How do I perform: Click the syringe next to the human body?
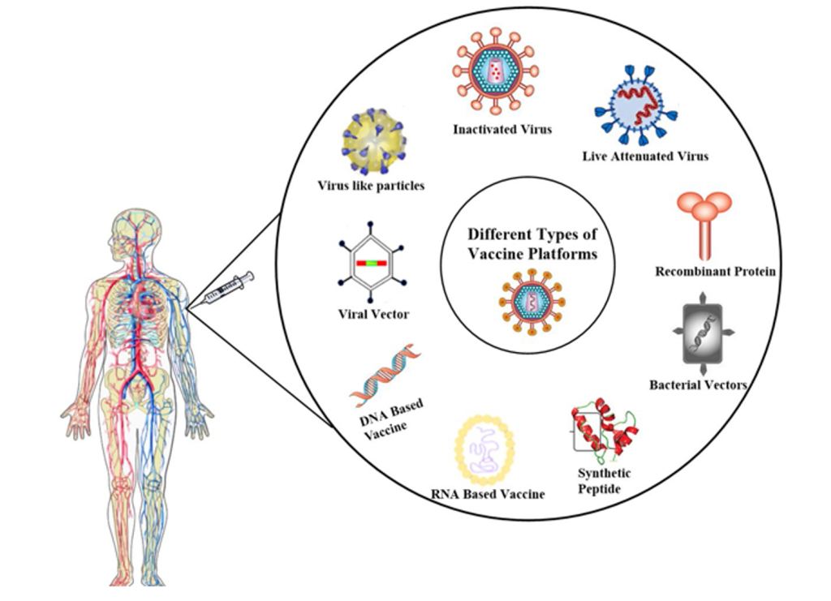pos(228,289)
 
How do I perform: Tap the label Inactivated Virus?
pos(502,129)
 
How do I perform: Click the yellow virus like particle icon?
pos(373,142)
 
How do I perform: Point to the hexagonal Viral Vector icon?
pos(369,264)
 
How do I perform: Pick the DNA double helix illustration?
pos(386,373)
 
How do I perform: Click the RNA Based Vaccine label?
pos(488,493)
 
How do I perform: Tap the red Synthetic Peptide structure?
pos(603,427)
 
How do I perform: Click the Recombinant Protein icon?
pos(703,223)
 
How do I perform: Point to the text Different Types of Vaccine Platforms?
pos(532,243)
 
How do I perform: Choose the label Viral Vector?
pos(373,314)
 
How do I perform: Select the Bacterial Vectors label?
pos(698,384)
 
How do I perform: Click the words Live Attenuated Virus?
pos(645,156)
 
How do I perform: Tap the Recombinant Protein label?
pos(715,272)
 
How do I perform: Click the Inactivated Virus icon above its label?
pos(496,71)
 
